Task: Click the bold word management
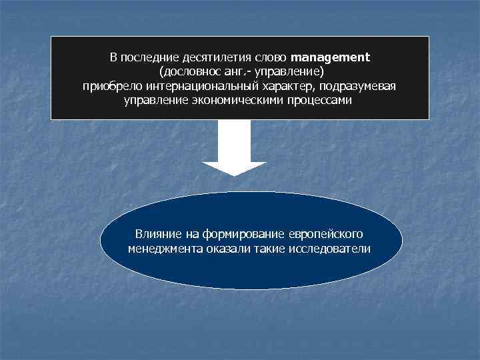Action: coord(330,57)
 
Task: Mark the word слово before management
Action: coord(273,57)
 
